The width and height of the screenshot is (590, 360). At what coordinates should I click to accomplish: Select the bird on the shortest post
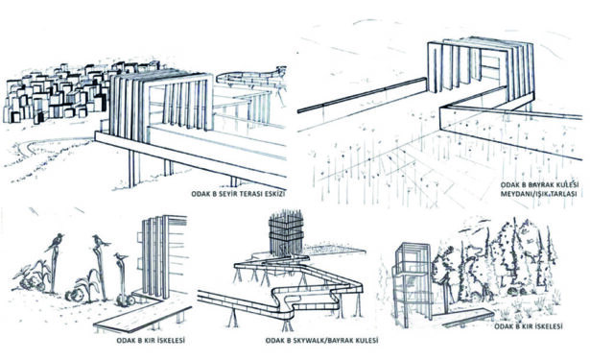pyautogui.click(x=121, y=257)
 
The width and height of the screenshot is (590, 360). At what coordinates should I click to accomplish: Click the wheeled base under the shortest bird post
pyautogui.click(x=126, y=300)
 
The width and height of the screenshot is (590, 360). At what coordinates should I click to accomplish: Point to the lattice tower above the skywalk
pyautogui.click(x=286, y=234)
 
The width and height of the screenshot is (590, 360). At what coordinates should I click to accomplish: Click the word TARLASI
pyautogui.click(x=564, y=194)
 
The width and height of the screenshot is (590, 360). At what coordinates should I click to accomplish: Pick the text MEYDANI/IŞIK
pyautogui.click(x=525, y=194)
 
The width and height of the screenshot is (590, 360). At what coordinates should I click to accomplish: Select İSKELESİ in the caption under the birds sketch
pyautogui.click(x=172, y=341)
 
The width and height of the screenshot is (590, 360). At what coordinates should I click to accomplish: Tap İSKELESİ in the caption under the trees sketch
pyautogui.click(x=549, y=326)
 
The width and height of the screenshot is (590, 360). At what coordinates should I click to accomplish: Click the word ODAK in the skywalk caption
pyautogui.click(x=274, y=341)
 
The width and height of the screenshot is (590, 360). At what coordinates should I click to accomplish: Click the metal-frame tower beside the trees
pyautogui.click(x=412, y=283)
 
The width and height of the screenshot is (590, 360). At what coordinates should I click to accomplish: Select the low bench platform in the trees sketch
pyautogui.click(x=464, y=317)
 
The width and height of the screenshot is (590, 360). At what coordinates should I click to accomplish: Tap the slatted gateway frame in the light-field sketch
pyautogui.click(x=481, y=70)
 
